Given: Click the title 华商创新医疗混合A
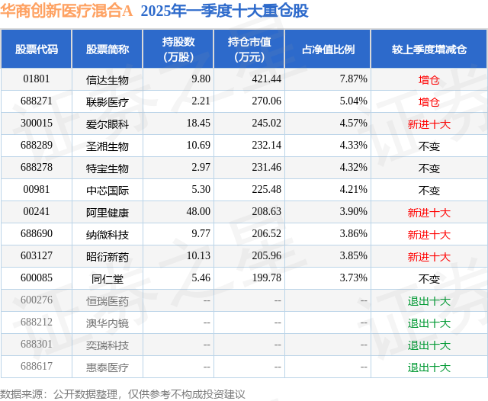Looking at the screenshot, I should (66, 11).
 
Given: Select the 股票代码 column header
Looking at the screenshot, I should (37, 50).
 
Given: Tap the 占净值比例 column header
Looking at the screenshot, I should (333, 50).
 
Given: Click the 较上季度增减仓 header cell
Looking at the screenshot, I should (429, 50).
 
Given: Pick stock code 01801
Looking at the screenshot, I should (37, 79).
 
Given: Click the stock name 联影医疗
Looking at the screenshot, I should (108, 101).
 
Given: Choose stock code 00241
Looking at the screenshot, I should (37, 213).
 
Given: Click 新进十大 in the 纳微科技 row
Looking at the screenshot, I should (429, 235).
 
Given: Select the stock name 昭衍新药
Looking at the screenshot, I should (108, 257).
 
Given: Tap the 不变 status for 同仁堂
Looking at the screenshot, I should (429, 279).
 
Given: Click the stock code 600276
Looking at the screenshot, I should (37, 301).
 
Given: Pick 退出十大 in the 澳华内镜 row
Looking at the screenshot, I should (429, 323).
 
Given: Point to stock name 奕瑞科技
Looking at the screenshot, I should (108, 345).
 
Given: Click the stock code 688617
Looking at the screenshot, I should (37, 367).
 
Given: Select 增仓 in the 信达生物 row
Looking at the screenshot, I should (429, 79).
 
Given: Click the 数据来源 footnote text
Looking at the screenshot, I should (122, 393).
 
